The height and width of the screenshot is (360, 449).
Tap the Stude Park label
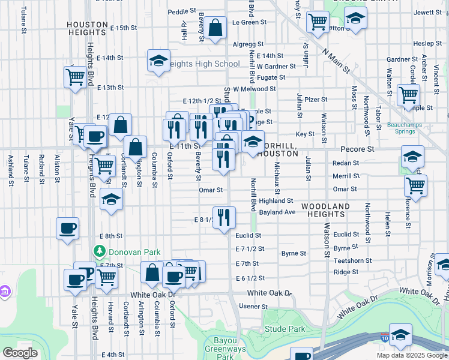(x=286, y=329)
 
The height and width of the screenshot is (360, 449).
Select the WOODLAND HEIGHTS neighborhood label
(x=325, y=211)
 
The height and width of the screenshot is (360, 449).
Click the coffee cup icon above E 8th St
(x=67, y=229)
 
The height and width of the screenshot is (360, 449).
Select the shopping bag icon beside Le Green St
(x=215, y=27)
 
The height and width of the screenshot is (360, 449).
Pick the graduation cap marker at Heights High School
(x=158, y=61)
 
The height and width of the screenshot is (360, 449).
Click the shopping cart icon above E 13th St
(x=75, y=77)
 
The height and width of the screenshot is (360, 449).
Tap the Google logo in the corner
(x=19, y=353)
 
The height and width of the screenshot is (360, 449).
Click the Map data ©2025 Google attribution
(x=411, y=355)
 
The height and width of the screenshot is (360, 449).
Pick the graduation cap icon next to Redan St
(x=413, y=157)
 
